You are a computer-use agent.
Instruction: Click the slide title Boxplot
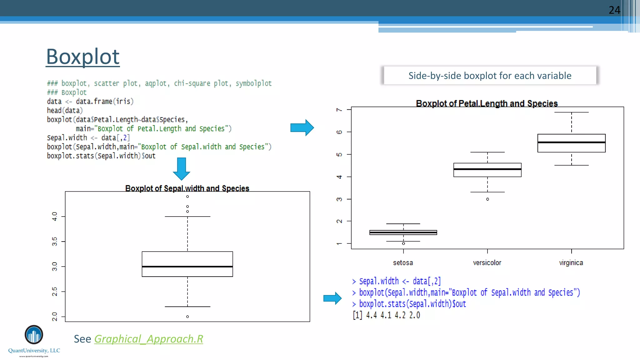tap(83, 57)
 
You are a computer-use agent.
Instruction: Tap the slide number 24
tap(614, 10)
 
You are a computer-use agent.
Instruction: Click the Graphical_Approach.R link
tap(148, 339)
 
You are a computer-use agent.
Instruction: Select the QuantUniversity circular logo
tap(34, 335)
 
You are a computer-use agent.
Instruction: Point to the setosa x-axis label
tap(403, 263)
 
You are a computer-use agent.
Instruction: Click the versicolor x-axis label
tap(487, 263)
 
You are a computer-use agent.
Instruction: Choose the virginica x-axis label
tap(571, 263)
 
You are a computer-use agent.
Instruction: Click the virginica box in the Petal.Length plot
tap(571, 143)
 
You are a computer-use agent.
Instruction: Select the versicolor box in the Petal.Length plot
tap(487, 170)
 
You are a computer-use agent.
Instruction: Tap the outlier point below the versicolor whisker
tap(487, 199)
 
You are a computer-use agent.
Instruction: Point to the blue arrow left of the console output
tap(332, 298)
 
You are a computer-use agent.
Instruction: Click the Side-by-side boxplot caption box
tap(490, 76)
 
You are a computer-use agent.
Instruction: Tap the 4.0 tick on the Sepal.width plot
tap(55, 216)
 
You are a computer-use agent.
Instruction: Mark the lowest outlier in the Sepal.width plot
tap(187, 317)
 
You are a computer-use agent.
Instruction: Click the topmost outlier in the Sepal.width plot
tap(187, 197)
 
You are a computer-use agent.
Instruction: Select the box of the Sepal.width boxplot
tap(187, 264)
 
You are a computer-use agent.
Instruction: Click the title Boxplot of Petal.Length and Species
tap(487, 103)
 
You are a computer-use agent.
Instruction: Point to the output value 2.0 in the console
tap(415, 315)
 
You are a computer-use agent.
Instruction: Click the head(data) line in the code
tap(65, 111)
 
